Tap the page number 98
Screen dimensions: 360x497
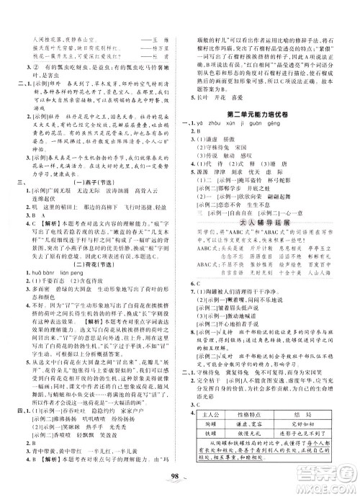(179, 481)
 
